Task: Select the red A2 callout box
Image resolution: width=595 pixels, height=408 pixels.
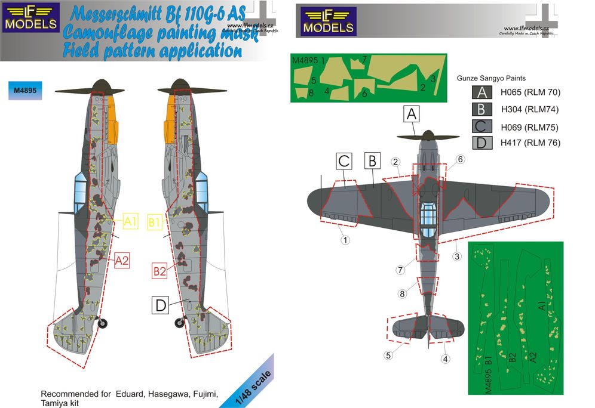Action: [x=121, y=260]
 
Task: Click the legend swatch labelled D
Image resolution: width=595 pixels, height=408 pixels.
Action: [x=480, y=143]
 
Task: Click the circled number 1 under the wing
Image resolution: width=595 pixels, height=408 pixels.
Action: [x=345, y=241]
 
